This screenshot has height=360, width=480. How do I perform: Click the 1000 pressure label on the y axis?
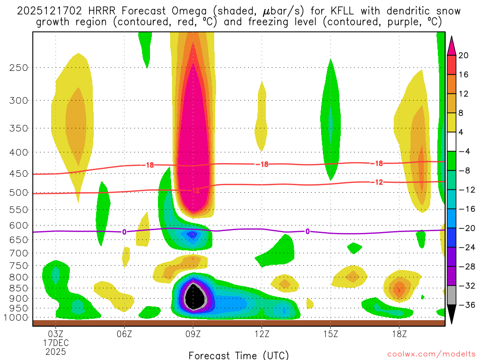[x=17, y=317]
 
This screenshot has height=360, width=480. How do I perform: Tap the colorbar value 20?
[x=464, y=55]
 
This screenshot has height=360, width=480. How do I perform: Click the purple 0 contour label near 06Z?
[x=124, y=232]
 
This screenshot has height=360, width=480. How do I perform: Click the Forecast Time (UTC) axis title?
[x=239, y=355]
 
